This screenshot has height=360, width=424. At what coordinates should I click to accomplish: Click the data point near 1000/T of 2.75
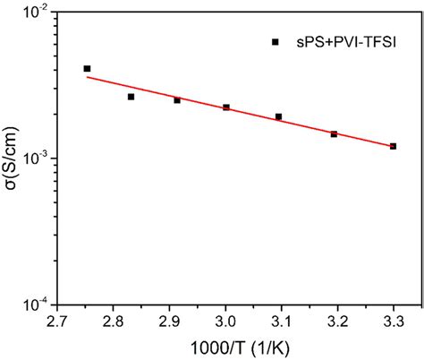tap(87, 69)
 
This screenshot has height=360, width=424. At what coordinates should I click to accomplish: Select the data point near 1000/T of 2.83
tap(131, 97)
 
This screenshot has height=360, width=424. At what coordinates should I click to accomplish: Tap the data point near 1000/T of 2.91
tap(177, 100)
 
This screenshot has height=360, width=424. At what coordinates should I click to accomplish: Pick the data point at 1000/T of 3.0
tap(226, 107)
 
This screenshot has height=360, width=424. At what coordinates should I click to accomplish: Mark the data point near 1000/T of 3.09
tap(278, 116)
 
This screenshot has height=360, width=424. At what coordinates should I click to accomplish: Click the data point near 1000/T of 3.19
tap(334, 134)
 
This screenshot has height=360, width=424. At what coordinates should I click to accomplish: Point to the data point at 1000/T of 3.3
tap(393, 146)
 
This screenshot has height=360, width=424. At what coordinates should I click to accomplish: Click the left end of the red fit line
tap(86, 77)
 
